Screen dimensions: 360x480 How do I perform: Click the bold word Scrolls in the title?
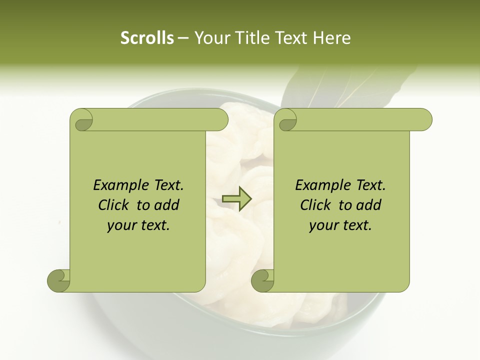click(147, 38)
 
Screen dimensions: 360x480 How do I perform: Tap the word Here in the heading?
click(331, 38)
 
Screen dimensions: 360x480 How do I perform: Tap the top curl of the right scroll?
click(287, 120)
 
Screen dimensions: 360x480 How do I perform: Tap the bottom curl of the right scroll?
click(263, 280)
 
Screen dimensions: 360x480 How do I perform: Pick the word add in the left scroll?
click(166, 205)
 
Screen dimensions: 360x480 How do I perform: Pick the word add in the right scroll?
click(368, 205)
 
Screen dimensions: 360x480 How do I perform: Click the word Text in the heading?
click(290, 38)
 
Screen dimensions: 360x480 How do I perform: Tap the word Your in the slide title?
click(209, 38)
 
